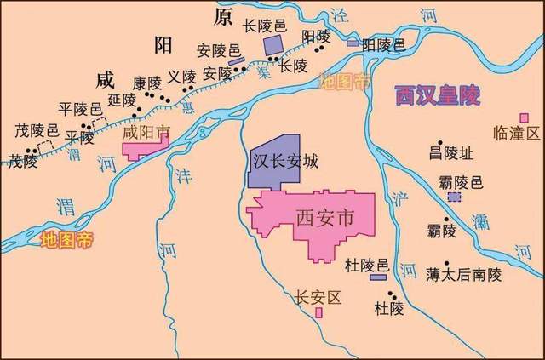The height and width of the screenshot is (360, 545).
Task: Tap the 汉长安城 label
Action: (285, 160)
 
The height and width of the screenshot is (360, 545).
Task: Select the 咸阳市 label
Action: (146, 134)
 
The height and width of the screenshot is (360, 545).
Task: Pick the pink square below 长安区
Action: (318, 312)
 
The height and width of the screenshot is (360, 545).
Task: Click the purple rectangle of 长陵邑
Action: (273, 45)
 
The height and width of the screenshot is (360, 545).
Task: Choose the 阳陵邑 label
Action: (384, 44)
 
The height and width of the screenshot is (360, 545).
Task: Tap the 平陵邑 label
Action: (79, 108)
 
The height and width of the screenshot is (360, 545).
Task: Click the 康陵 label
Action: (146, 83)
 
